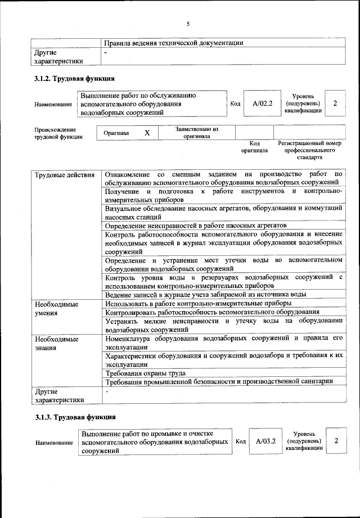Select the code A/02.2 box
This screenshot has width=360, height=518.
263,103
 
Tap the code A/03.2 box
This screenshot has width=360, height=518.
265,442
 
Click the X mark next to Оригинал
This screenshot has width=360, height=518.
147,133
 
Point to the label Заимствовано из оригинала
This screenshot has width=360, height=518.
196,132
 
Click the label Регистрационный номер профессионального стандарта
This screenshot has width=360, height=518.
310,150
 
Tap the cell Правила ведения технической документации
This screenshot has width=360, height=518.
174,43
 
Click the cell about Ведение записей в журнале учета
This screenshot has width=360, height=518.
205,294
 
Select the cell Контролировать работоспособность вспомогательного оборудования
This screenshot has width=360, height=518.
213,312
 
